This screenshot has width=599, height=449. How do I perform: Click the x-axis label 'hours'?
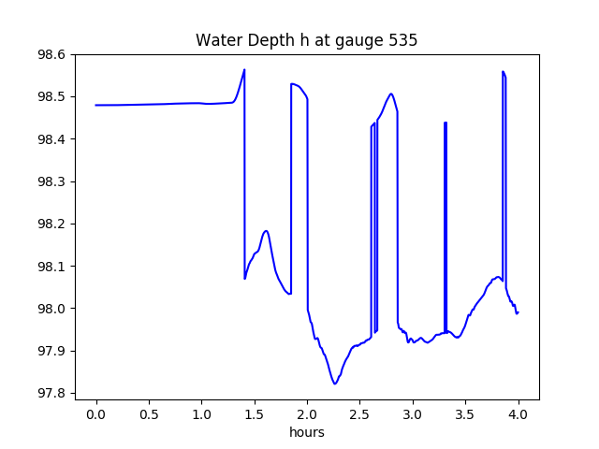coord(307,433)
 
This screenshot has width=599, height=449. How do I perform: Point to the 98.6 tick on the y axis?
coord(51,54)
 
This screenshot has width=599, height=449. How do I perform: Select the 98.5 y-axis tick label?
coord(51,97)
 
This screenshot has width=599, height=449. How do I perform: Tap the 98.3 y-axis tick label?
coord(51,181)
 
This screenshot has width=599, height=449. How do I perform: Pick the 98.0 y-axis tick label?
coord(51,309)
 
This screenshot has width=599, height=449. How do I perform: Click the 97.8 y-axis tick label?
coord(51,393)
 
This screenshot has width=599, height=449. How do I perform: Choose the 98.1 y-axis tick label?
coord(51,267)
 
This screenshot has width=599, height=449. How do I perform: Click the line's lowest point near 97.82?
coord(334,384)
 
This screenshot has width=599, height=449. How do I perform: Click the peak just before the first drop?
coord(244,69)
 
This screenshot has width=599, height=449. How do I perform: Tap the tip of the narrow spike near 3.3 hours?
coord(446,123)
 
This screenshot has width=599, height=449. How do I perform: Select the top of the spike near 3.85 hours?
coord(504,71)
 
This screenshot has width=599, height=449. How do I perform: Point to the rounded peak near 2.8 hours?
coord(391,94)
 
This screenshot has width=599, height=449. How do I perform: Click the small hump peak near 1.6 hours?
coord(267,230)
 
